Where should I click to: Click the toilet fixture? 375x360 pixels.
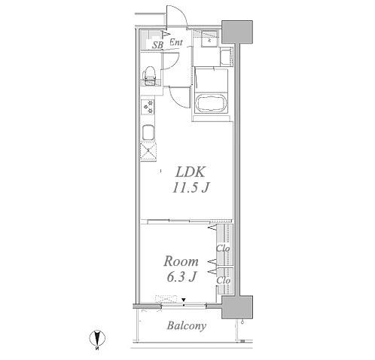tap(150, 76)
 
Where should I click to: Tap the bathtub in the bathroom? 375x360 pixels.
tap(212, 103)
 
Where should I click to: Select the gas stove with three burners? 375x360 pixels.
tap(148, 107)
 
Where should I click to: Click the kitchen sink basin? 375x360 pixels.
tap(148, 132)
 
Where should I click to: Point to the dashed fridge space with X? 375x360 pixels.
tap(148, 151)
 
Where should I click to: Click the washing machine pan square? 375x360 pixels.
tap(209, 38)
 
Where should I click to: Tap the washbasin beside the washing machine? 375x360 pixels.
tap(227, 57)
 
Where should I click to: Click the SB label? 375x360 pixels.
tap(158, 45)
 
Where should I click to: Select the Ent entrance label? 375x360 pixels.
tap(176, 42)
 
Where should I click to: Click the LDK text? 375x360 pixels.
tap(191, 172)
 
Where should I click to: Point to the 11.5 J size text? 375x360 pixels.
tap(191, 188)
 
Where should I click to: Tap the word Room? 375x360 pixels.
tap(181, 261)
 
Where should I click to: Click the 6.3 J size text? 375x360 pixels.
tap(181, 277)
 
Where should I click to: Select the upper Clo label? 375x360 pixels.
tap(223, 249)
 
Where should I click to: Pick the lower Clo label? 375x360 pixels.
tap(224, 280)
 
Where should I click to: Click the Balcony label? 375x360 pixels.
tap(187, 326)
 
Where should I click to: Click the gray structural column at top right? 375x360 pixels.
tap(237, 32)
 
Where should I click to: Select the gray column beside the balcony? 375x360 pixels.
tap(237, 307)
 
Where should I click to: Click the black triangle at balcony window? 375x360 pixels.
tap(184, 300)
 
